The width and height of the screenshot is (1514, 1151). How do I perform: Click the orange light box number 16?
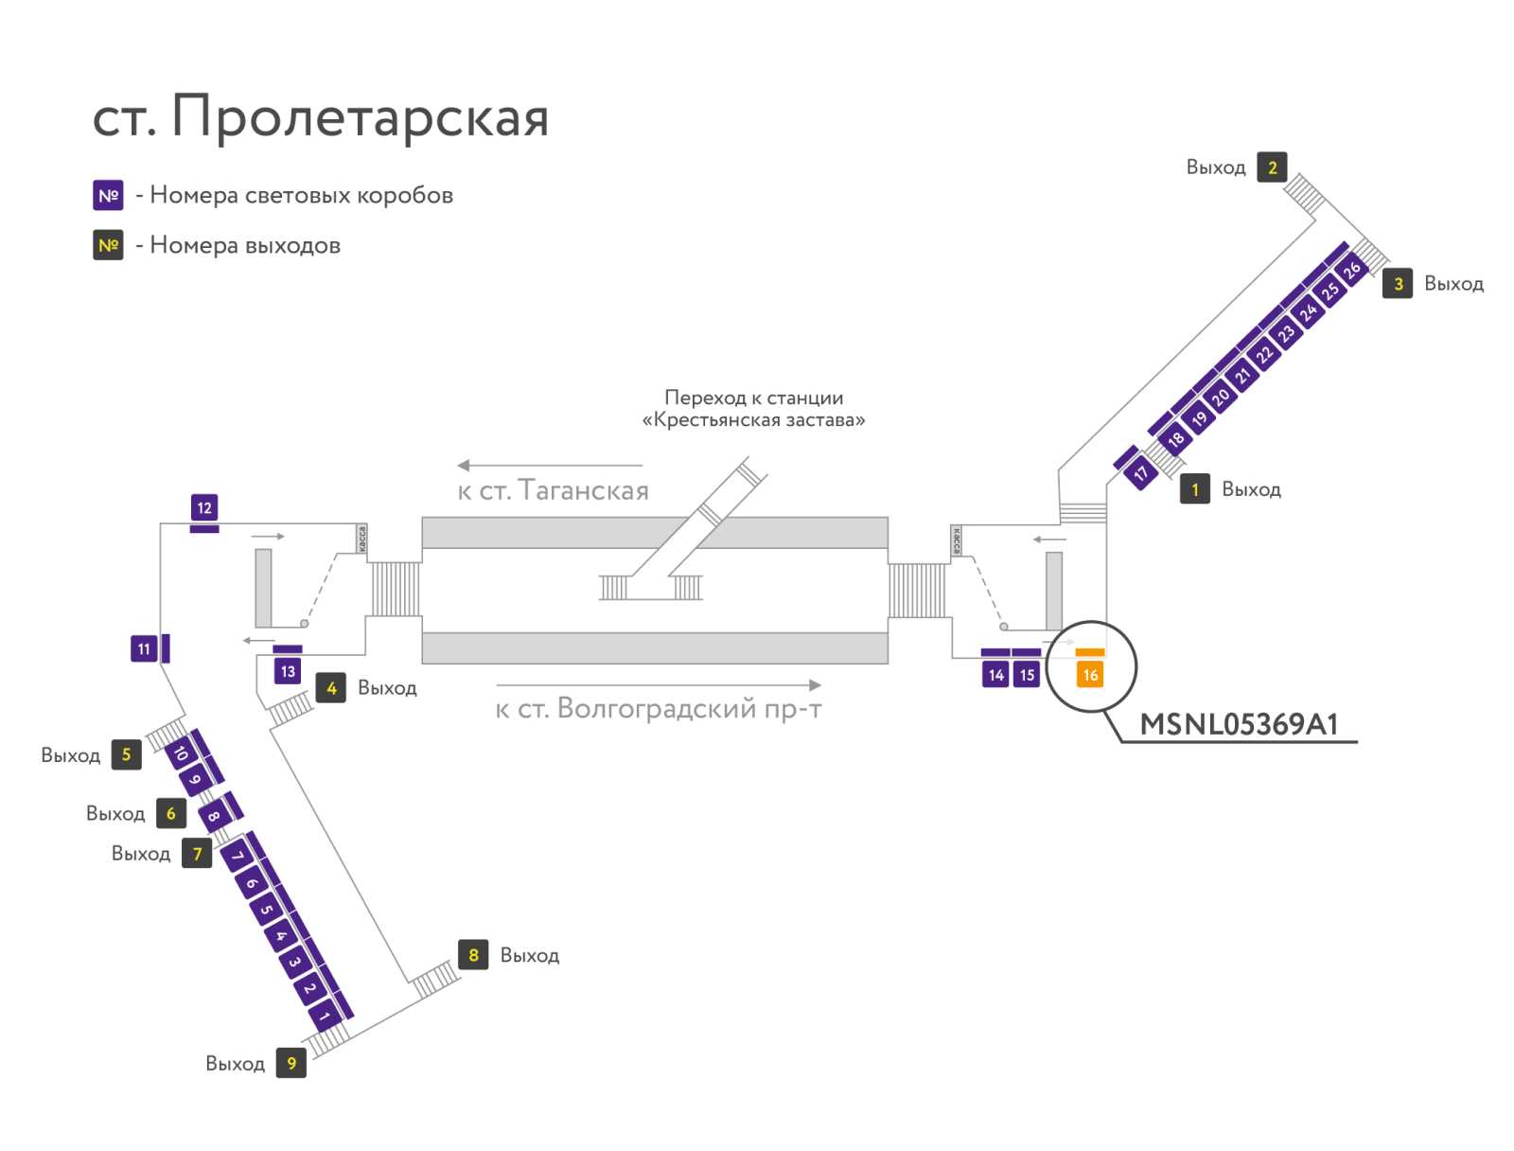[1089, 675]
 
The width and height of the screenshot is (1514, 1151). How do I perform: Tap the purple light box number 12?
[204, 507]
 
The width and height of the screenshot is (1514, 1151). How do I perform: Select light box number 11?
[144, 648]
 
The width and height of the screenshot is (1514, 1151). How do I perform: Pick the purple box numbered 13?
[288, 671]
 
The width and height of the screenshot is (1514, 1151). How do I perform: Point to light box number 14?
[995, 675]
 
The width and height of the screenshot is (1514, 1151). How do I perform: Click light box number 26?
[1352, 268]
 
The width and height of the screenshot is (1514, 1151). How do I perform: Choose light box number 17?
[1140, 472]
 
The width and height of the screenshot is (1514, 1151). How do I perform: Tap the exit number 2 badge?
[1272, 167]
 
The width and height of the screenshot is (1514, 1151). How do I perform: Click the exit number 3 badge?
[1398, 283]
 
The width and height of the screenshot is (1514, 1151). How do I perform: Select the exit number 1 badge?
[1195, 489]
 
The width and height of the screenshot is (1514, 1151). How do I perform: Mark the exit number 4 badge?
[331, 687]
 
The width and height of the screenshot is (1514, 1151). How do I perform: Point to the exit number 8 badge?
[473, 954]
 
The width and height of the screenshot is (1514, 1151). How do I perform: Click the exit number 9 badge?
[291, 1063]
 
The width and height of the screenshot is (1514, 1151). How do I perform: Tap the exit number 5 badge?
[126, 753]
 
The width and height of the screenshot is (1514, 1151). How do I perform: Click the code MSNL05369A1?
[1239, 724]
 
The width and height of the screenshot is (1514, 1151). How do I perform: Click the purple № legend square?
[108, 195]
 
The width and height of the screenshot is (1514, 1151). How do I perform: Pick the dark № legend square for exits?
[108, 245]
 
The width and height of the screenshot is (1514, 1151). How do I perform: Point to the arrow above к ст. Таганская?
[550, 466]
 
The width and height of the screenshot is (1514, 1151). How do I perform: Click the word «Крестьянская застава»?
[753, 419]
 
